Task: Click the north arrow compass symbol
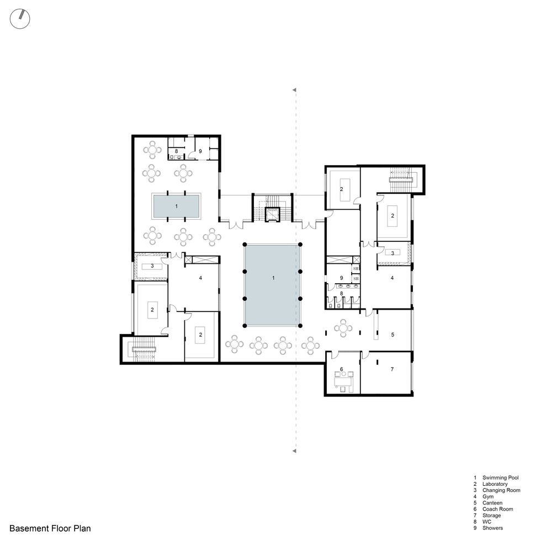(x=20, y=19)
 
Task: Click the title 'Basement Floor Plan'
(x=50, y=528)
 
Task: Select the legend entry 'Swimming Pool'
(x=500, y=478)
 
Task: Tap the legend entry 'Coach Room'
(x=497, y=509)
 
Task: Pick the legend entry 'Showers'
(x=492, y=528)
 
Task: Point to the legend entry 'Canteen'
(x=492, y=503)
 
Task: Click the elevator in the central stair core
(x=272, y=214)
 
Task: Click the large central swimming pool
(x=272, y=285)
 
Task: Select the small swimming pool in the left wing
(x=176, y=206)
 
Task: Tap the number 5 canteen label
(x=393, y=335)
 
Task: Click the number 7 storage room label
(x=392, y=369)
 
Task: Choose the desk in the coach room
(x=343, y=381)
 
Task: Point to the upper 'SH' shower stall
(x=356, y=268)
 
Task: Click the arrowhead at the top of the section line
(x=294, y=90)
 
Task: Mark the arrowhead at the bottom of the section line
(x=294, y=451)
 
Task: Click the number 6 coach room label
(x=341, y=369)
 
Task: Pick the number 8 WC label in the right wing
(x=341, y=293)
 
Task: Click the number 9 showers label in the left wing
(x=200, y=151)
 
